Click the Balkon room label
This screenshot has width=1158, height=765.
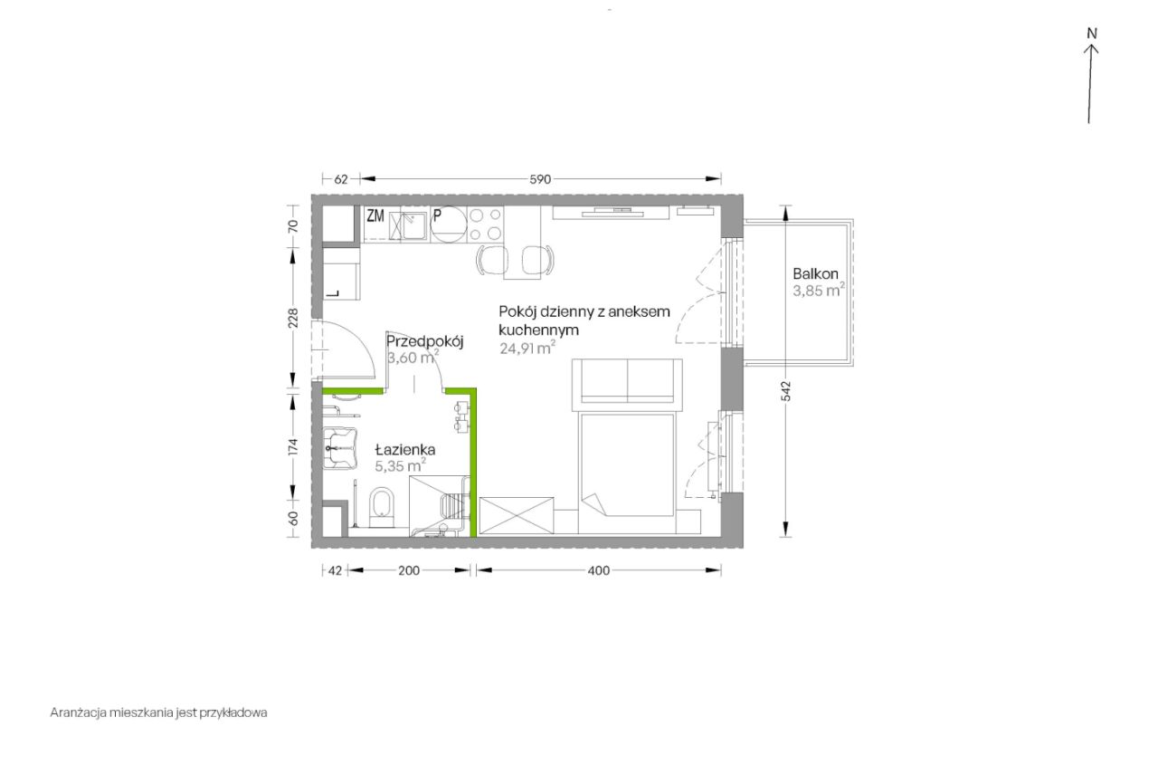pyautogui.click(x=816, y=273)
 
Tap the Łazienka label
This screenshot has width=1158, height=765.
pyautogui.click(x=405, y=449)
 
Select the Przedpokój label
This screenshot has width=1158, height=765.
pyautogui.click(x=424, y=341)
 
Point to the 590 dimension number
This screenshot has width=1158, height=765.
pyautogui.click(x=540, y=179)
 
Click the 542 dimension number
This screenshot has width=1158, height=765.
pyautogui.click(x=786, y=391)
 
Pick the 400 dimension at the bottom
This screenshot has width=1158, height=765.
pyautogui.click(x=599, y=571)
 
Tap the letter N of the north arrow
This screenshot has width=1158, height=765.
pyautogui.click(x=1092, y=33)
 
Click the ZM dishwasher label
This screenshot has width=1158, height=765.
pyautogui.click(x=375, y=215)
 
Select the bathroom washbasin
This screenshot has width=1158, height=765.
pyautogui.click(x=340, y=448)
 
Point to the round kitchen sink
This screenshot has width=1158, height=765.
pyautogui.click(x=449, y=225)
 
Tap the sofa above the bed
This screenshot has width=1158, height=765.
pyautogui.click(x=627, y=381)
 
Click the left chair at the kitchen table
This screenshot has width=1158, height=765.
pyautogui.click(x=492, y=260)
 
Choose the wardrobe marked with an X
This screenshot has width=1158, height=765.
pyautogui.click(x=517, y=516)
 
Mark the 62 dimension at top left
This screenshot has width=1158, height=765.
pyautogui.click(x=341, y=179)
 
